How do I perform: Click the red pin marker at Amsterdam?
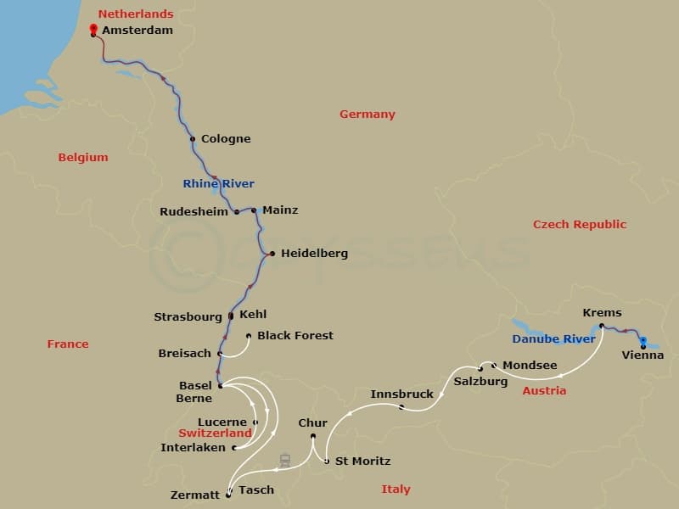93,30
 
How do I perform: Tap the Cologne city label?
225,139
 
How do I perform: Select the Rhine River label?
218,184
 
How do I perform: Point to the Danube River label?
553,339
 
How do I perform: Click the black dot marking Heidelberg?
272,253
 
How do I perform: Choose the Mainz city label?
280,210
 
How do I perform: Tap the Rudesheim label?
194,212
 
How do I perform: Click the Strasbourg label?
188,317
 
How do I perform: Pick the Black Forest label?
295,336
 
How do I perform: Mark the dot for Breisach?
220,354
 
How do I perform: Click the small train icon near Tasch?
285,461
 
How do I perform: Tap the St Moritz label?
362,461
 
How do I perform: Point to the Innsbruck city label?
401,394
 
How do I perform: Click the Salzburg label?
480,382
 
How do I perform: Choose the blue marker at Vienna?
643,342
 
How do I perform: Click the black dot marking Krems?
601,326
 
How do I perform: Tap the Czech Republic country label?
580,225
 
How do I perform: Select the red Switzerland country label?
216,433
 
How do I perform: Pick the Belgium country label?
83,158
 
